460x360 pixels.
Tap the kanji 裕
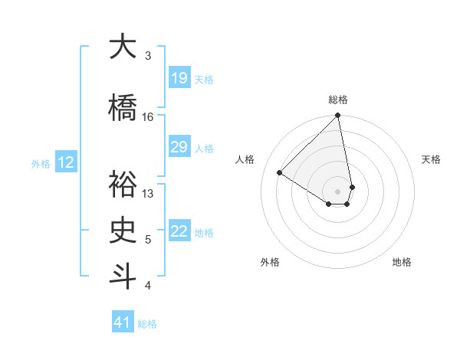tap(122, 185)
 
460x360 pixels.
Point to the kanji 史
tap(122, 230)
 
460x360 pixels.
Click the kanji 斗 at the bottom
tap(122, 276)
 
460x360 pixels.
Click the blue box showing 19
tap(179, 78)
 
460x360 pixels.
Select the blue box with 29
tap(179, 147)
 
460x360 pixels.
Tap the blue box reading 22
tap(179, 231)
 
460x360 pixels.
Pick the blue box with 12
tap(66, 162)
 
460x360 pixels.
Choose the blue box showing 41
tap(123, 322)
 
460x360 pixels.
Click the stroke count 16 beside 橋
tap(148, 117)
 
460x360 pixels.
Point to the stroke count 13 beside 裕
tap(148, 194)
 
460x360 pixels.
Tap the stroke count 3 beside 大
tap(148, 56)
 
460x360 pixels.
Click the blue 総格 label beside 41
tap(147, 324)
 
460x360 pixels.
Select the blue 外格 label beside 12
tap(41, 163)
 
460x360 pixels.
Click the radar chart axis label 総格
tap(338, 100)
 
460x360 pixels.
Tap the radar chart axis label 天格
tap(432, 159)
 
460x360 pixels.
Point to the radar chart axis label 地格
tap(402, 262)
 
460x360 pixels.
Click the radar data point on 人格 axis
tap(280, 172)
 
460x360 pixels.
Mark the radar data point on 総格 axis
tap(338, 116)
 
